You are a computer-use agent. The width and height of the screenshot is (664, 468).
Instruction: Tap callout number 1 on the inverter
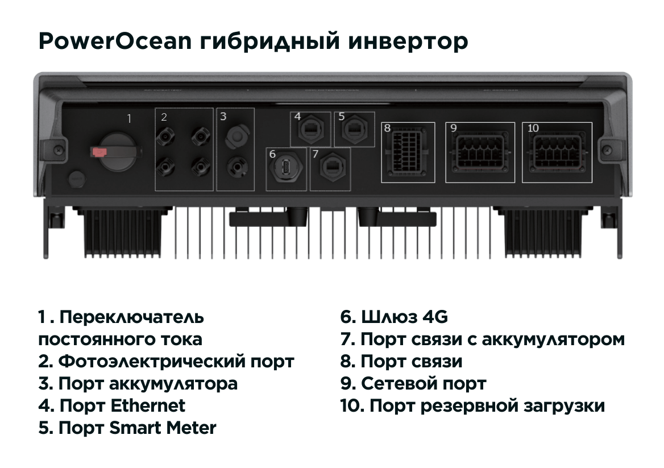pos(129,119)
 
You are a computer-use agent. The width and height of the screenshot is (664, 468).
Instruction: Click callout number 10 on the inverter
pos(533,129)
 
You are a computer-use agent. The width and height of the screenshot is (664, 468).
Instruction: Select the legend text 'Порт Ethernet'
pos(122,405)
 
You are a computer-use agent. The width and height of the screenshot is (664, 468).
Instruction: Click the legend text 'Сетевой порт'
pos(424,383)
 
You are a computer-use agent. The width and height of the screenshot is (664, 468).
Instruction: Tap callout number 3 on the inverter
pos(223,117)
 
